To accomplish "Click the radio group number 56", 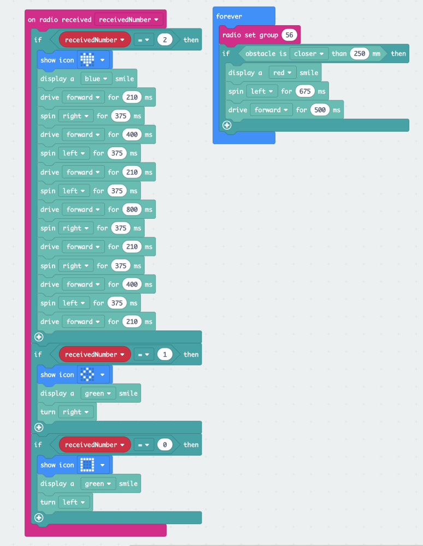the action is tap(289, 35).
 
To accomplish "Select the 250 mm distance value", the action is tap(360, 54).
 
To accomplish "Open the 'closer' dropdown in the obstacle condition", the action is tap(309, 54).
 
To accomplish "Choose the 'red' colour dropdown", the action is tap(283, 73).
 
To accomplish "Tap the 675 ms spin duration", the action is tap(305, 91).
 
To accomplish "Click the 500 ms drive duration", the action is tap(320, 110).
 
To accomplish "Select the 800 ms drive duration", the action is tap(132, 210).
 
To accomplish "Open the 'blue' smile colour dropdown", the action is tap(96, 79).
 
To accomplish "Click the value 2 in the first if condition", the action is tap(165, 40).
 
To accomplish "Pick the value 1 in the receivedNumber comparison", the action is tap(165, 355).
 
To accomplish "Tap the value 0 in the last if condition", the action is tap(165, 445).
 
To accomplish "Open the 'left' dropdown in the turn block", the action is tap(74, 502).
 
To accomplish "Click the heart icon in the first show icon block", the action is tap(87, 60).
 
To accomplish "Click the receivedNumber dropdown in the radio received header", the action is tap(129, 20).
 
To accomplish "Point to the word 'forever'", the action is tap(229, 16).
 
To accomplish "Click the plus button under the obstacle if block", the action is tap(227, 125).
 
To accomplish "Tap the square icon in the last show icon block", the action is tap(87, 465).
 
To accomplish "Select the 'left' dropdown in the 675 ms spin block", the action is tap(262, 91).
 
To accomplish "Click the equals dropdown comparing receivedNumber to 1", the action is tap(143, 355).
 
